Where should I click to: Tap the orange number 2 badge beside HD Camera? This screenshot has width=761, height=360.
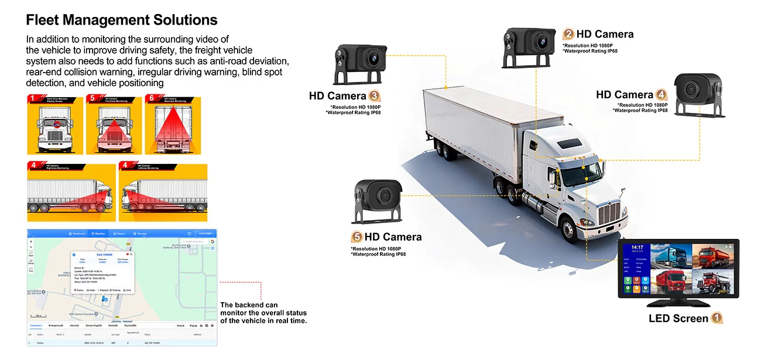tap(568, 34)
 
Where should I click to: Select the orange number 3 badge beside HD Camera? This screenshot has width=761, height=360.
tap(375, 96)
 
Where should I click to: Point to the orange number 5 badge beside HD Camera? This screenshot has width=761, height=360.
tap(356, 237)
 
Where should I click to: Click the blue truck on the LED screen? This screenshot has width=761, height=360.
tap(670, 258)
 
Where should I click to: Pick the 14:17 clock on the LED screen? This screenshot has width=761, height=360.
tap(637, 248)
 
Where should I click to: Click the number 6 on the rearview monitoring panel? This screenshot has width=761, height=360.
tap(151, 99)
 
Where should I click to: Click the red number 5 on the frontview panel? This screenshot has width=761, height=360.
tap(92, 99)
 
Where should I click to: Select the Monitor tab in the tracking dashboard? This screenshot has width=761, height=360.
tap(98, 234)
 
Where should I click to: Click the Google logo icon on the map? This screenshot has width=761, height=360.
tap(212, 241)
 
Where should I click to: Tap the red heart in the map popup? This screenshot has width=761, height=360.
tap(127, 254)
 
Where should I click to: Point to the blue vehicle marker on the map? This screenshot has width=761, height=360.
tap(104, 299)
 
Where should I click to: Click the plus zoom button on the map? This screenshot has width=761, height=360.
tap(31, 241)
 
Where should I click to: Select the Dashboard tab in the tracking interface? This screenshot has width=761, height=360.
tap(77, 234)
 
